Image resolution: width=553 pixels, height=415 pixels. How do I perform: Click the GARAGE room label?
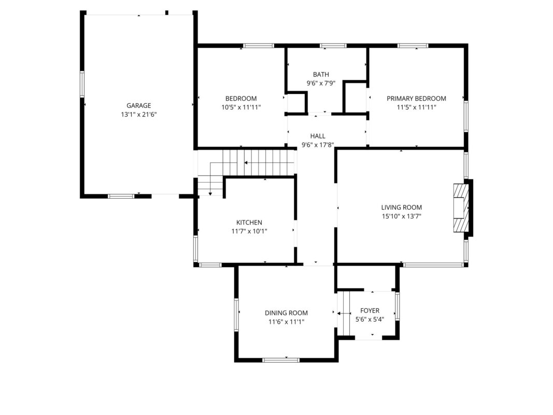pyautogui.click(x=138, y=105)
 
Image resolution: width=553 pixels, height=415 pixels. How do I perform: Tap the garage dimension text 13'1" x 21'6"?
pyautogui.click(x=138, y=114)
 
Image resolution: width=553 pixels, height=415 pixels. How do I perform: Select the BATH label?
pyautogui.click(x=321, y=75)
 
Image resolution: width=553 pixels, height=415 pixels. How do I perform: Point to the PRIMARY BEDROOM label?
pyautogui.click(x=416, y=99)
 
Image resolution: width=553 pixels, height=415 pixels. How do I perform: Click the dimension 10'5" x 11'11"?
pyautogui.click(x=241, y=107)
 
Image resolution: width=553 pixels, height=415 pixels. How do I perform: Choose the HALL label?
pyautogui.click(x=318, y=136)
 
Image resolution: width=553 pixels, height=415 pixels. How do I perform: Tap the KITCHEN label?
pyautogui.click(x=249, y=223)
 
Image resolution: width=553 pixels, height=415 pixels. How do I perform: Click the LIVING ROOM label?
pyautogui.click(x=401, y=208)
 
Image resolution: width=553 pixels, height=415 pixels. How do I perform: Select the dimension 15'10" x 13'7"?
pyautogui.click(x=401, y=216)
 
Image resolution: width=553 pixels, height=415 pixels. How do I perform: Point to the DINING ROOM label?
pyautogui.click(x=286, y=313)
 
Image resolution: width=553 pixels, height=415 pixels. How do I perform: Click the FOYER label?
pyautogui.click(x=370, y=311)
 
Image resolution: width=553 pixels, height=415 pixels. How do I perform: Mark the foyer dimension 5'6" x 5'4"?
pyautogui.click(x=370, y=320)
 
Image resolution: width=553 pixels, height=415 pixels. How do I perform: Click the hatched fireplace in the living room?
pyautogui.click(x=461, y=208)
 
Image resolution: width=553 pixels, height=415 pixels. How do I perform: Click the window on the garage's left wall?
pyautogui.click(x=82, y=84)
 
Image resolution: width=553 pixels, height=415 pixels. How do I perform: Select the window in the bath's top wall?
pyautogui.click(x=333, y=46)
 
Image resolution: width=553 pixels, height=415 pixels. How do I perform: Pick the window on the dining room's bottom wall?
pyautogui.click(x=281, y=360)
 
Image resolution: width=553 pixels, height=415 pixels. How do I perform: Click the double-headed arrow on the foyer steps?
pyautogui.click(x=344, y=313)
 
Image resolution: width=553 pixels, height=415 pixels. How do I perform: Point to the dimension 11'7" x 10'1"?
pyautogui.click(x=249, y=231)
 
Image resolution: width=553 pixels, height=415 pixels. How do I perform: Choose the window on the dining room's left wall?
pyautogui.click(x=236, y=314)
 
